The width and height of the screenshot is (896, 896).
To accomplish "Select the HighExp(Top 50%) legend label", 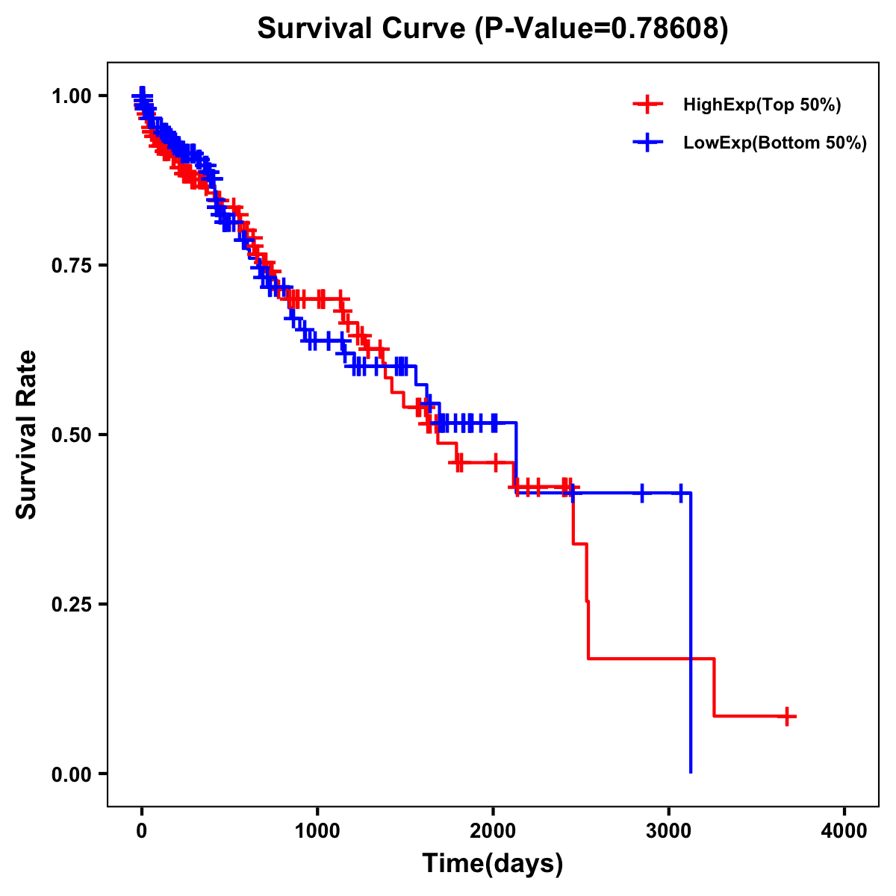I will pos(762,105).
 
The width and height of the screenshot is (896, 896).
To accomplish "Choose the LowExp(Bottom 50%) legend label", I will pos(775,143).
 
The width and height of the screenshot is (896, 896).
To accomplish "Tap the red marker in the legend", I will pos(647,105).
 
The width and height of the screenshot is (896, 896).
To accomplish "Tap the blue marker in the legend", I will pos(647,142).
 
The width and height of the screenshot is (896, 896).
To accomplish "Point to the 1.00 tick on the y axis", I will pos(72,96).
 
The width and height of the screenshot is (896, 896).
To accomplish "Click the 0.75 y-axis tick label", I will pos(72,266).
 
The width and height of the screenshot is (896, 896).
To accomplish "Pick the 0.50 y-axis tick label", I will pos(72,435).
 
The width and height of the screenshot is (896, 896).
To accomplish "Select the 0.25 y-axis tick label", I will pos(72,605).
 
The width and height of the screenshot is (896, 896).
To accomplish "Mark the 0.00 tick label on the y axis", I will pos(72,774).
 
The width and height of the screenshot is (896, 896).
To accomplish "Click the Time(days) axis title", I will pos(493,864).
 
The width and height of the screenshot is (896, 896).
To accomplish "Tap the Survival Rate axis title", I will pos(27,435).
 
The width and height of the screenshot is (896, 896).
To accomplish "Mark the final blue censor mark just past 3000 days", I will pos(680,493).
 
